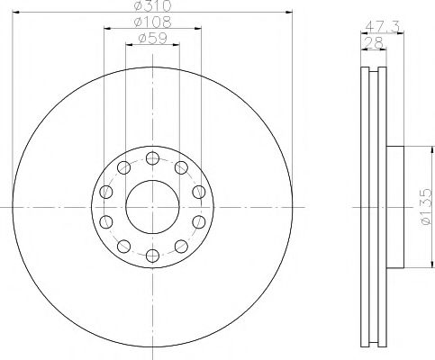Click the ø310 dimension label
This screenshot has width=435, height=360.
click(152, 5)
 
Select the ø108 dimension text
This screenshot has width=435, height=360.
click(152, 22)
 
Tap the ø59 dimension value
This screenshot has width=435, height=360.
click(152, 39)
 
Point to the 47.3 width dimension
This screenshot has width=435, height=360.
click(382, 27)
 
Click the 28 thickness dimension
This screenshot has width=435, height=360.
click(373, 43)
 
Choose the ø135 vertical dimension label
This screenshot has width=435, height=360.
click(426, 206)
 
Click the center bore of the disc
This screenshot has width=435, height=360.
click(152, 207)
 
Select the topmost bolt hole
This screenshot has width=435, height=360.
click(152, 157)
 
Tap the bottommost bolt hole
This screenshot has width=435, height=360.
click(152, 256)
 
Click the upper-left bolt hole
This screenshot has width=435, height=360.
click(123, 167)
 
